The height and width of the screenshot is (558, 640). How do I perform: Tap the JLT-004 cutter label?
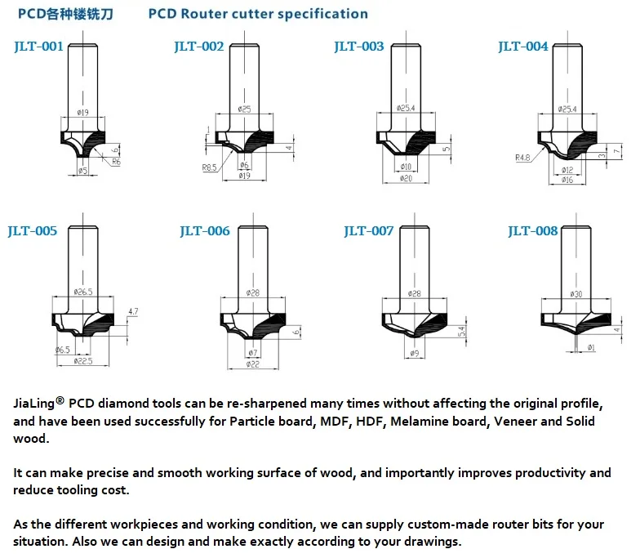[523, 46]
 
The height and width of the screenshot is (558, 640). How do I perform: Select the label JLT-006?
[205, 231]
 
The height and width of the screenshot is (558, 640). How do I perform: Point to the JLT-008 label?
[532, 231]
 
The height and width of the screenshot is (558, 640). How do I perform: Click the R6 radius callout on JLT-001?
[116, 163]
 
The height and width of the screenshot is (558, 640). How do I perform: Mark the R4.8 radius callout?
[523, 158]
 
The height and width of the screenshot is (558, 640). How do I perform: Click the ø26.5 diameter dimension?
[85, 291]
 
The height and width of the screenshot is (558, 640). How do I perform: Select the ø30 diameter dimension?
[576, 293]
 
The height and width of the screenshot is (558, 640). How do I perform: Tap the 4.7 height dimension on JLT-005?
[134, 311]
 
